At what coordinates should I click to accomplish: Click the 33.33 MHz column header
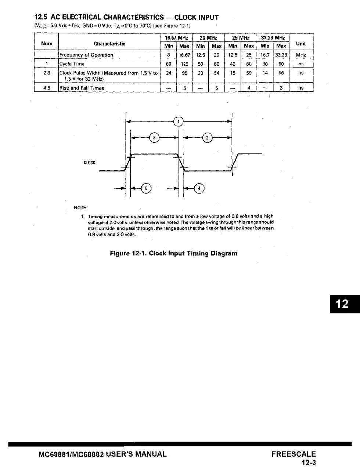pos(273,38)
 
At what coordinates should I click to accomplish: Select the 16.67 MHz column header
pos(176,38)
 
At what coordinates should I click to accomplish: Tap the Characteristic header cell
pos(109,44)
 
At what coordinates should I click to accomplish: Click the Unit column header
pos(301,44)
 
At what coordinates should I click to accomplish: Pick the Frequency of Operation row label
pos(86,55)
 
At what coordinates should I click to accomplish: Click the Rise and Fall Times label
pos(82,88)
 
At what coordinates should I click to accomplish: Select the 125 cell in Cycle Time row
pos(184,64)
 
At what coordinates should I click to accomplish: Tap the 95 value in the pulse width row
pos(184,73)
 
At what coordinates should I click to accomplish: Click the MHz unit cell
pos(301,55)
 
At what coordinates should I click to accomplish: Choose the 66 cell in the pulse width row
pos(281,73)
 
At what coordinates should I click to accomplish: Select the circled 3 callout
pos(155,138)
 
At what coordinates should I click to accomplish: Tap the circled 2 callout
pos(208,138)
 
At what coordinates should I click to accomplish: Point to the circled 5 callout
pos(146,189)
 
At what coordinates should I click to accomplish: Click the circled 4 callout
pos(199,189)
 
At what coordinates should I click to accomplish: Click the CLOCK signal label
pos(89,163)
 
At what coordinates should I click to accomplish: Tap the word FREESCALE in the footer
pos(294,454)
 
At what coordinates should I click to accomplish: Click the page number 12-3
pos(309,463)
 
